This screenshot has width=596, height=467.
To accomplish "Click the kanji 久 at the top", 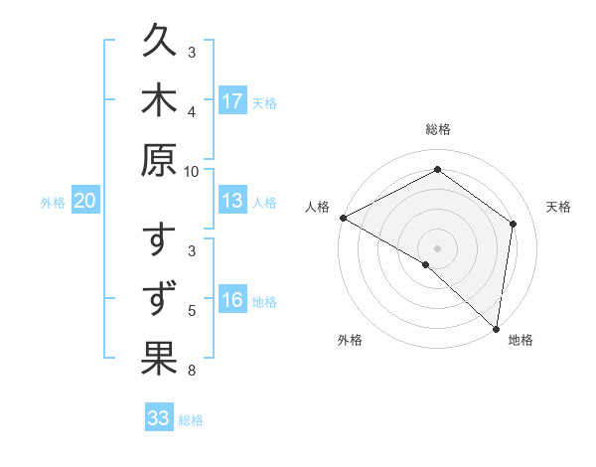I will pyautogui.click(x=160, y=45).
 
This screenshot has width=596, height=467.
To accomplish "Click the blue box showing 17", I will pyautogui.click(x=232, y=101).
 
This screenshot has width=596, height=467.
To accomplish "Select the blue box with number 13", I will pyautogui.click(x=232, y=202).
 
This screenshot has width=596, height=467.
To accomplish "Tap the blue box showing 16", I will pyautogui.click(x=232, y=301).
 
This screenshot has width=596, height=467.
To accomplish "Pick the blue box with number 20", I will pyautogui.click(x=84, y=202).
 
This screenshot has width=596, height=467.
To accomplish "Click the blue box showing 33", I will pyautogui.click(x=159, y=418).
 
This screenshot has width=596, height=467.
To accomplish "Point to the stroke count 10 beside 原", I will pyautogui.click(x=192, y=171).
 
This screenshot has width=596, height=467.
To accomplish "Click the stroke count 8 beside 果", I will pyautogui.click(x=192, y=371).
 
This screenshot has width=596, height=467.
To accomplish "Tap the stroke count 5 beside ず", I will pyautogui.click(x=192, y=310).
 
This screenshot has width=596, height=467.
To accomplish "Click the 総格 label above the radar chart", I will pyautogui.click(x=438, y=129).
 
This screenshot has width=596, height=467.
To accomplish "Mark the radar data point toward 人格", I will pyautogui.click(x=343, y=218).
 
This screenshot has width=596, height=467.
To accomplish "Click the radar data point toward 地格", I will pyautogui.click(x=496, y=328).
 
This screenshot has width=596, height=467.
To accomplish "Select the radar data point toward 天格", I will pyautogui.click(x=514, y=224).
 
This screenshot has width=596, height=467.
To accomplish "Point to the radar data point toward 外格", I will pyautogui.click(x=426, y=265).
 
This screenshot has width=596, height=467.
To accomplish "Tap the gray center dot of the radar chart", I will pyautogui.click(x=438, y=248).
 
